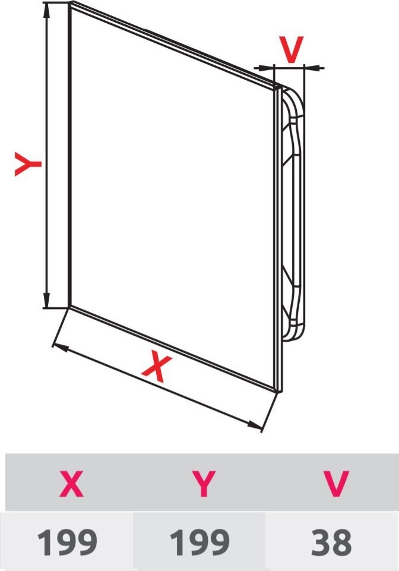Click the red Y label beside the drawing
click(x=28, y=164)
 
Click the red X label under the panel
click(x=157, y=366)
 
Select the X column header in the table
click(x=72, y=484)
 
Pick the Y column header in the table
click(x=204, y=484)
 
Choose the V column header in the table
click(x=335, y=484)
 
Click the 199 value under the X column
click(x=67, y=542)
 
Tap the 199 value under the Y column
click(x=199, y=542)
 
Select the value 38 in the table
click(x=331, y=542)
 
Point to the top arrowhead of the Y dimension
click(x=46, y=10)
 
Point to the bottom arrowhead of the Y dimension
click(x=46, y=299)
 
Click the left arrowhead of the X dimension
click(x=60, y=347)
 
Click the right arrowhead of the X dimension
click(x=255, y=425)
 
